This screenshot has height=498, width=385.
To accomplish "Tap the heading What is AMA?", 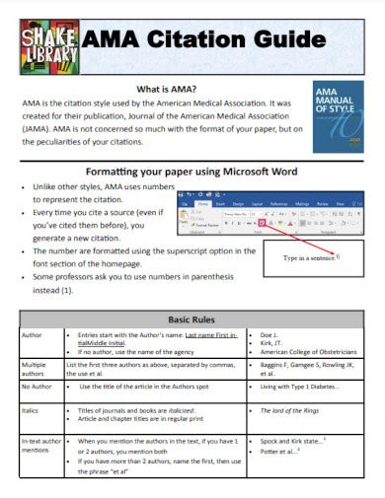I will point(172,88).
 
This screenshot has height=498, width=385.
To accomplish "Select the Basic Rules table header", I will point(192,321).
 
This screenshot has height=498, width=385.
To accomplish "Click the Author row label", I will point(33,337).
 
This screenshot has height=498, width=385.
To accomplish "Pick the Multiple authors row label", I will point(36,370).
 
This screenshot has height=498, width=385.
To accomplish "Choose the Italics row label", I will point(33,409).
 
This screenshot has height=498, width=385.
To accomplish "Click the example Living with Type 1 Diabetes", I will point(301,387).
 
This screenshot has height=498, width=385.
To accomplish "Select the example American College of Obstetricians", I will point(309,352).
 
